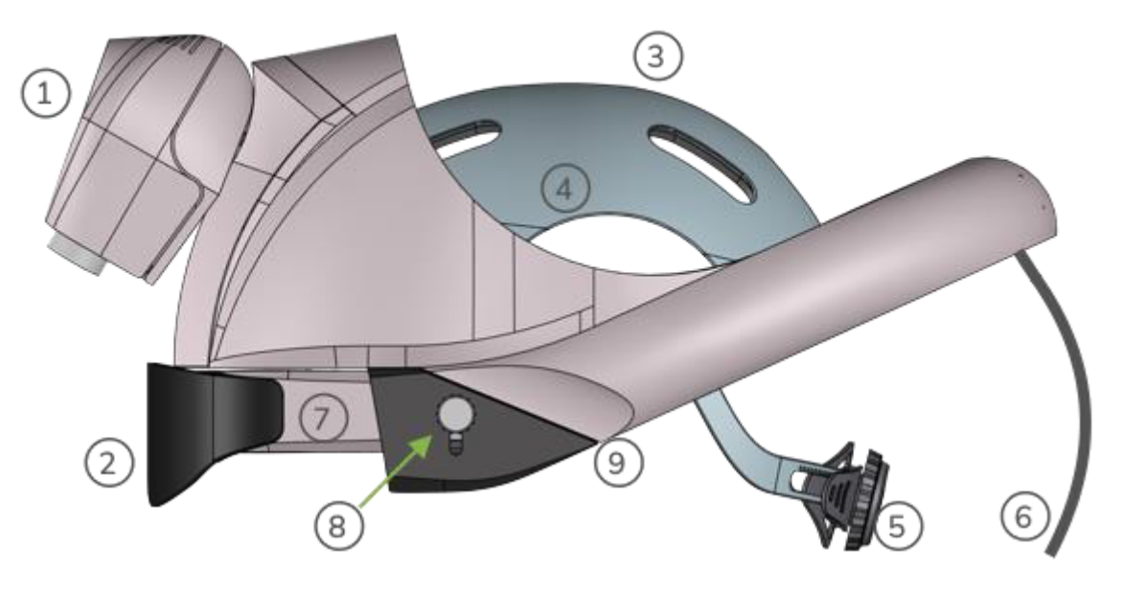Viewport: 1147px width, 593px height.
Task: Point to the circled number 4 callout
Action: [x=566, y=190]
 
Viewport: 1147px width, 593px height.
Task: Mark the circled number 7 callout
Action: [x=321, y=418]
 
